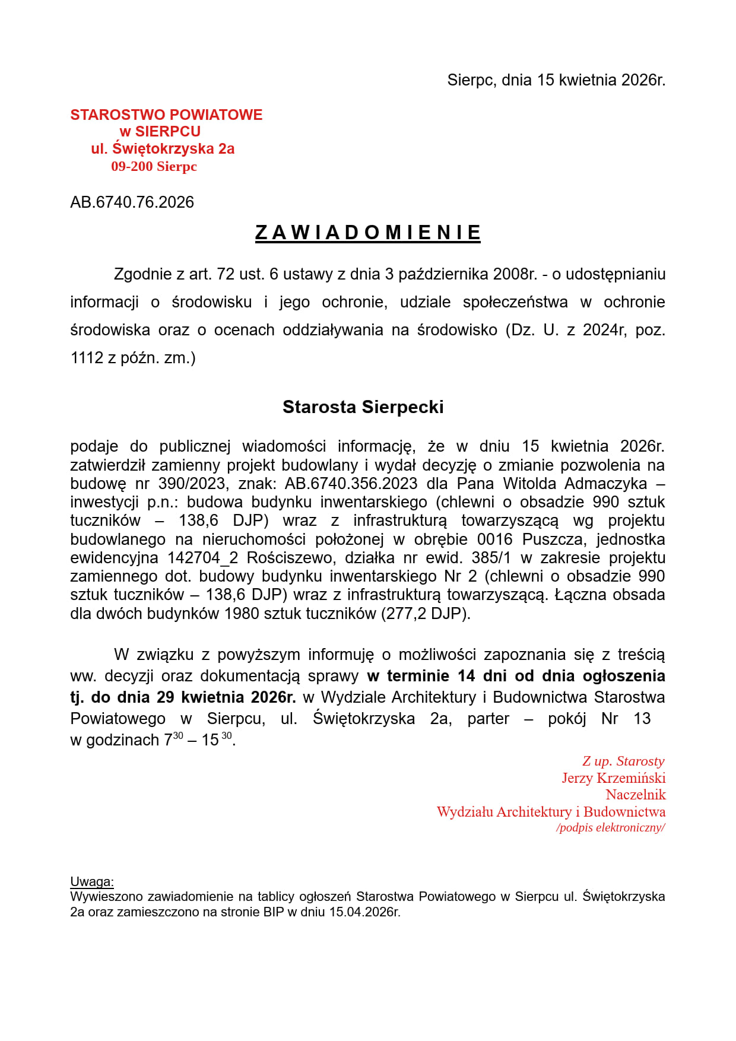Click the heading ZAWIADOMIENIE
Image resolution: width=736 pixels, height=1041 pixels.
[367, 232]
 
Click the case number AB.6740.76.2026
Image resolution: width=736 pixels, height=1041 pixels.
[132, 202]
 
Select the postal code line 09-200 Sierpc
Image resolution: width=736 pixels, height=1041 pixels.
[154, 166]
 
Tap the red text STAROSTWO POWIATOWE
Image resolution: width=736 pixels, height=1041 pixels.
[166, 115]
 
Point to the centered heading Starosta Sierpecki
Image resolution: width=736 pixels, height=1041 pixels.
[363, 407]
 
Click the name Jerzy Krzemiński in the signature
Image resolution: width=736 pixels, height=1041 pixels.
[613, 778]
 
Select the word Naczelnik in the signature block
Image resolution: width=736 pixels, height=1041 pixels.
[635, 795]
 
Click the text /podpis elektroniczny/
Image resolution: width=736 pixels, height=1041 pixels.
[610, 828]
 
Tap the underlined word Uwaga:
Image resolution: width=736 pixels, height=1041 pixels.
[92, 881]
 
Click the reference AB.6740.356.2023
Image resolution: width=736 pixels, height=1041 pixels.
[351, 484]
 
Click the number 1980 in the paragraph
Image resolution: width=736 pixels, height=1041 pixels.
[242, 614]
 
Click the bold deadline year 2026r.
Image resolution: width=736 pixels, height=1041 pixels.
[273, 697]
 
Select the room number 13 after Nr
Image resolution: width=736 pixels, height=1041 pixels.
[642, 719]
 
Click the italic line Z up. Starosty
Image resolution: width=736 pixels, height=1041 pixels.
[623, 761]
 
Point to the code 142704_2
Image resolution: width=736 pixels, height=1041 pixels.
[202, 558]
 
